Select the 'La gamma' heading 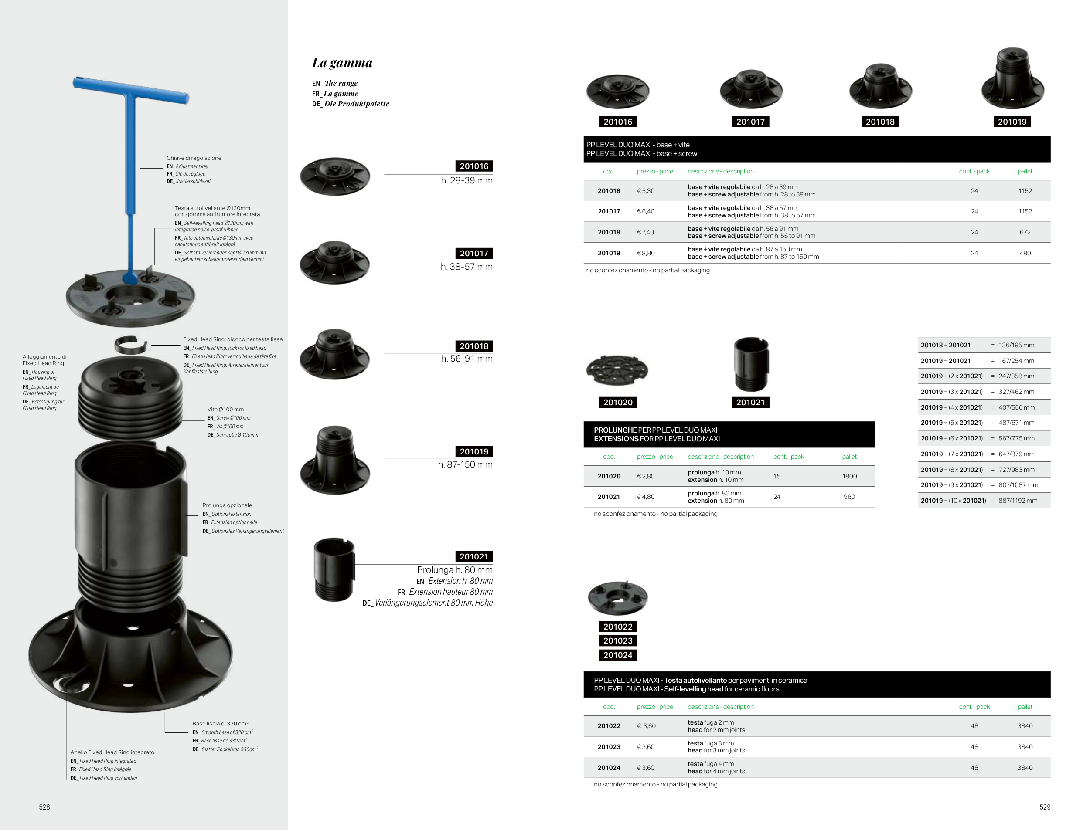[x=342, y=63]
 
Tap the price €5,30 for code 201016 [x=646, y=191]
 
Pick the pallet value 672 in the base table [x=1025, y=232]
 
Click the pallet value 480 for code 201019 [x=1025, y=254]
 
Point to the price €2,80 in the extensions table [x=646, y=476]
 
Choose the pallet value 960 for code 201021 [x=849, y=497]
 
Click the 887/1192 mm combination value [x=1018, y=501]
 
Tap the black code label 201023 [x=617, y=641]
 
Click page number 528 [x=44, y=807]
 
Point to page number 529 [x=1045, y=807]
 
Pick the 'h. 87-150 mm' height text [x=465, y=464]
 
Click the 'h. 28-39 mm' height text [x=467, y=181]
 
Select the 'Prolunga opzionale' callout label [x=227, y=505]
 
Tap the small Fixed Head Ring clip [x=130, y=345]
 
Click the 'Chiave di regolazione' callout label [x=194, y=158]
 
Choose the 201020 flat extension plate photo [x=617, y=370]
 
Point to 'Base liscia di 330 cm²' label [x=221, y=724]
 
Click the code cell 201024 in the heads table [x=609, y=768]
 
